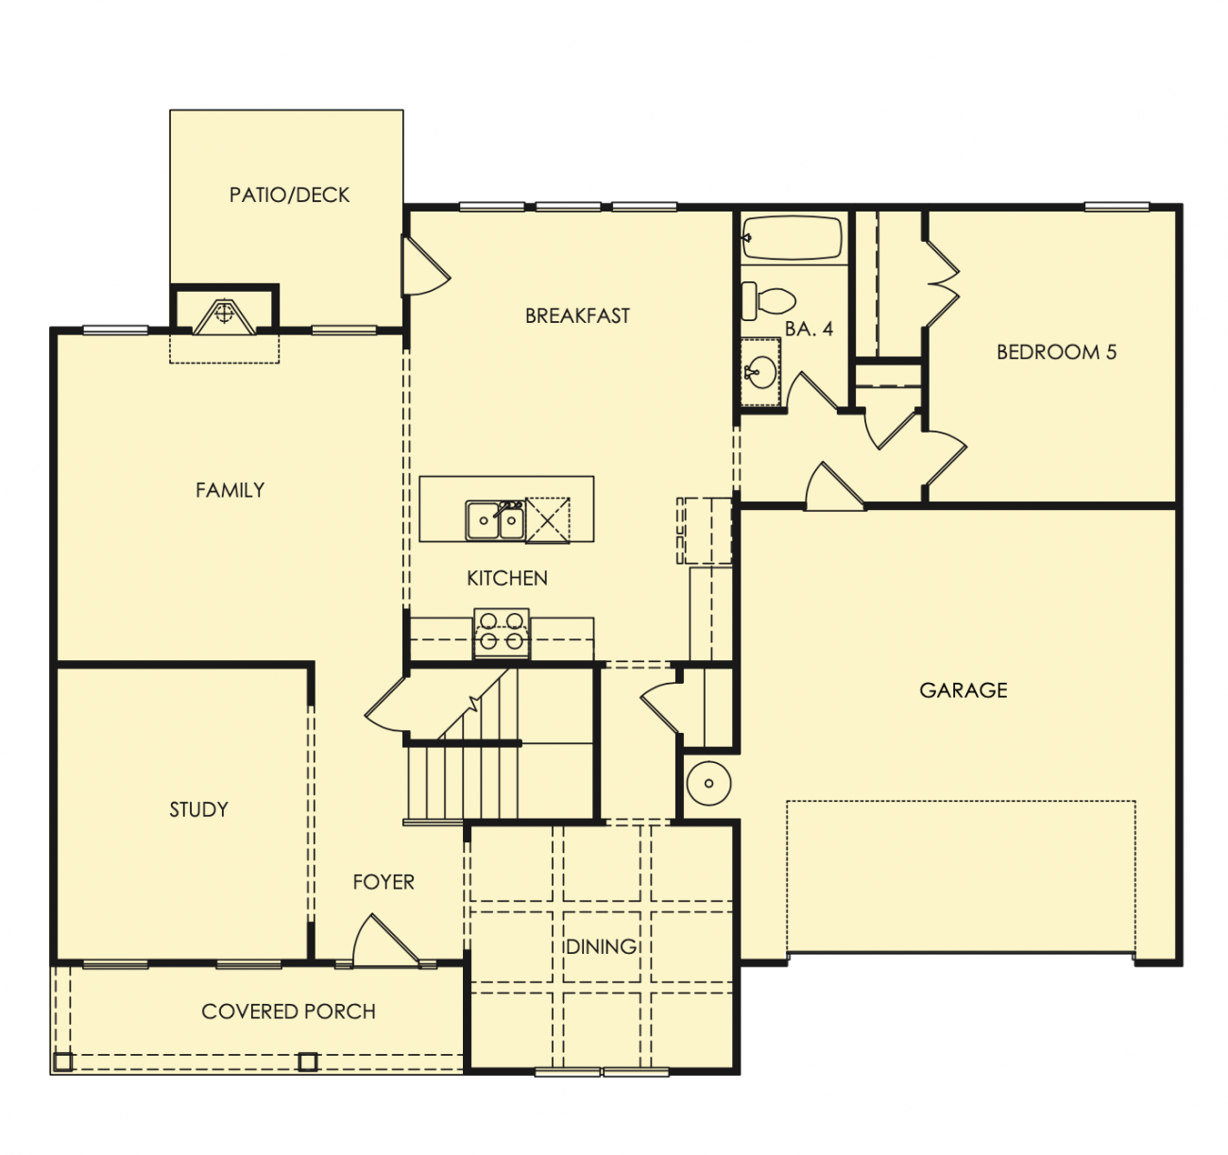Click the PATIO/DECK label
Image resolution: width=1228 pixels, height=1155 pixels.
[x=289, y=195]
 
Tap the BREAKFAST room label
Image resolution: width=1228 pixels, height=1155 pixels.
[x=577, y=316]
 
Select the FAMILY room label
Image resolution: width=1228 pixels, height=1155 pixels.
[x=230, y=490]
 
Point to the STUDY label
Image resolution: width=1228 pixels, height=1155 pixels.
[x=198, y=810]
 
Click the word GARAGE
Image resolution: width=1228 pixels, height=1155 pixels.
[x=964, y=690]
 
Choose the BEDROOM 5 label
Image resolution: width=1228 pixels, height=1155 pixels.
[x=1057, y=352]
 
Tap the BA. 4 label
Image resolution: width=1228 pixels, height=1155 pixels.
[x=809, y=329]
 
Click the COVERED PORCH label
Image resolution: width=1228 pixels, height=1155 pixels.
[x=288, y=1011]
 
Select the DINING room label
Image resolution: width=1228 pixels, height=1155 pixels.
[x=601, y=946]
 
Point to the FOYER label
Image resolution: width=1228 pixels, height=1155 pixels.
[x=384, y=882]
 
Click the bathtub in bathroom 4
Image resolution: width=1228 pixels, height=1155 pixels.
[x=793, y=237]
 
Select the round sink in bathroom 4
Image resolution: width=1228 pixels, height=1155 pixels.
[x=761, y=372]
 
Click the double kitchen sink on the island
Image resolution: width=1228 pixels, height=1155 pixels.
[x=495, y=520]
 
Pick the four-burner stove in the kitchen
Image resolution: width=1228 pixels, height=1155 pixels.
[x=502, y=634]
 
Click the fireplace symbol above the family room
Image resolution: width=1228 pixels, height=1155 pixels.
[x=224, y=317]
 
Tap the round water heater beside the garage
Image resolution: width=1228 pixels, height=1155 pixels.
[x=708, y=784]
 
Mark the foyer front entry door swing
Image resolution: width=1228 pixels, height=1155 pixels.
[x=384, y=940]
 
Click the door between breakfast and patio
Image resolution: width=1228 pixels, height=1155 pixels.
[x=425, y=266]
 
